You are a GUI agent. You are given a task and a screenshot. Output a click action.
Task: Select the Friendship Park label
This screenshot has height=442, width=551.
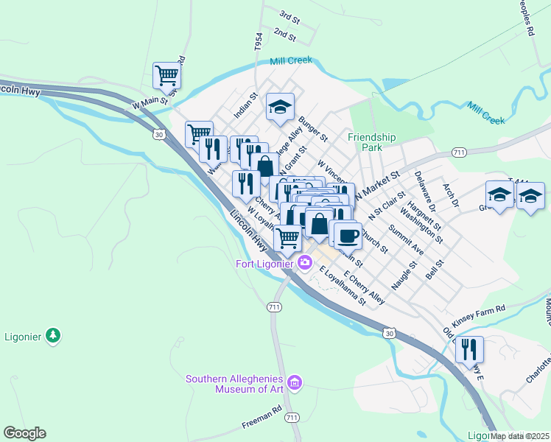[x=372, y=142]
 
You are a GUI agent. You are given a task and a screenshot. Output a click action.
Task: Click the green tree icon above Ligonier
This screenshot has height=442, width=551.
[x=52, y=336]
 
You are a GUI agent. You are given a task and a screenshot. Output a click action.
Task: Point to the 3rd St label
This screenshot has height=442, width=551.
[x=289, y=15]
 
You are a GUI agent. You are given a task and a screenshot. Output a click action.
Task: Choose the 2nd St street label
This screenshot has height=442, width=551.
[x=284, y=34]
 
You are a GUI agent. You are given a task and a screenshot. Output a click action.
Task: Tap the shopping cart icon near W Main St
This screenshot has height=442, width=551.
[x=168, y=75]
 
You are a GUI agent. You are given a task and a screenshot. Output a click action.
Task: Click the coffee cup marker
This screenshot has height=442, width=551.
[x=348, y=236]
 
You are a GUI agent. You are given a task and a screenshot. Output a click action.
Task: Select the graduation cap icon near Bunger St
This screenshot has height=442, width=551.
[x=280, y=107]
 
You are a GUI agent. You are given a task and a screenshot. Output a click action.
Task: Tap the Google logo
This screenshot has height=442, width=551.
[x=24, y=433]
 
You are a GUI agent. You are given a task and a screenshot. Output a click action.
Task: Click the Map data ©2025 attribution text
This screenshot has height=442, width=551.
[x=520, y=435]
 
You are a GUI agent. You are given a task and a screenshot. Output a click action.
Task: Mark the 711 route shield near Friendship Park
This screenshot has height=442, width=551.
[x=459, y=152]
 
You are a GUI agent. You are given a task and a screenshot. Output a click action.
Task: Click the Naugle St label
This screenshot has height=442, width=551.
[x=404, y=273]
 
